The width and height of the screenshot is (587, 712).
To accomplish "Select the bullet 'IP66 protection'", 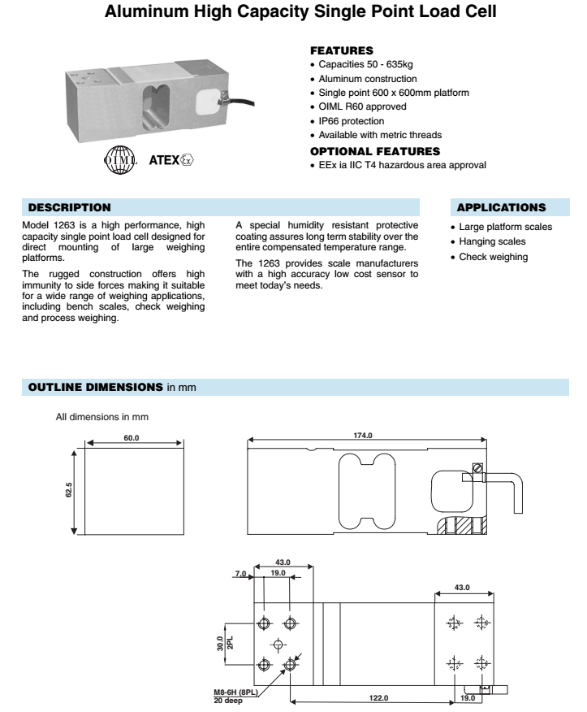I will coord(350,120).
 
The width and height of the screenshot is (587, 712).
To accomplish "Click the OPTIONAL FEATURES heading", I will coord(375,151).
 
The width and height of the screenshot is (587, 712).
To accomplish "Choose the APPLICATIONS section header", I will coord(502,208).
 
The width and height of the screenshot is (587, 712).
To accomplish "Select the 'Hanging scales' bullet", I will coord(491,241).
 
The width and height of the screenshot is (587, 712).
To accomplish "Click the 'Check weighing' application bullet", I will coord(493,257).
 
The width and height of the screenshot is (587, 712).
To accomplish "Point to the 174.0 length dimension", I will coord(362,436).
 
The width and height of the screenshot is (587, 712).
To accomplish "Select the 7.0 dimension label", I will coord(240,573).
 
